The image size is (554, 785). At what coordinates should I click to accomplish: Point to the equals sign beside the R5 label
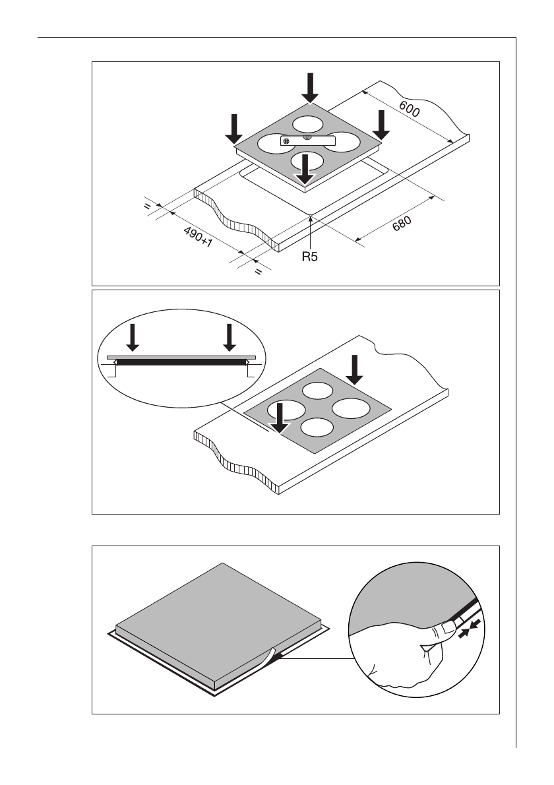(259, 270)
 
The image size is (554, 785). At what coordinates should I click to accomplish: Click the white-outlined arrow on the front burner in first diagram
(304, 169)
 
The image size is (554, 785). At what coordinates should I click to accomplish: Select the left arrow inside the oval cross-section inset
(133, 337)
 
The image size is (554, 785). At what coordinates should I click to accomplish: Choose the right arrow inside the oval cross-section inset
(229, 337)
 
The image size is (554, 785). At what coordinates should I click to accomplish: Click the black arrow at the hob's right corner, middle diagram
(355, 369)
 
